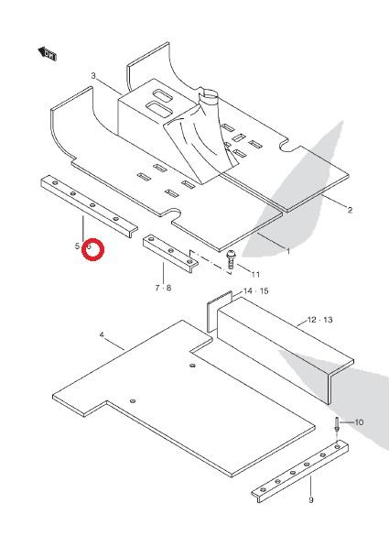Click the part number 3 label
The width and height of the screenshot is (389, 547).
93,76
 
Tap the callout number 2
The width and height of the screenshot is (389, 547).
350,210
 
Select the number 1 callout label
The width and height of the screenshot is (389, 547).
288,251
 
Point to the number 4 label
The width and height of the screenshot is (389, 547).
102,335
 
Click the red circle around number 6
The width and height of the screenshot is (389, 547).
93,249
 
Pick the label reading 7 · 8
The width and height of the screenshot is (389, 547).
163,288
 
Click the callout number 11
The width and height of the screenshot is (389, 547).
255,275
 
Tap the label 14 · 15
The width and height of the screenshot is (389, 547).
256,291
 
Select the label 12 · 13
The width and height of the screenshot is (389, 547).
320,320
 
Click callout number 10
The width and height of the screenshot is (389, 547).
359,422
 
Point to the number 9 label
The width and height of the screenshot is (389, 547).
311,500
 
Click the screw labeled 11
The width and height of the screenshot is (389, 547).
231,260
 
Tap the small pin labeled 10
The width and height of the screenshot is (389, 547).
338,423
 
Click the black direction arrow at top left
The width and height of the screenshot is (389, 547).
47,53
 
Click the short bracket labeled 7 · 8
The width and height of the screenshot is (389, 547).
170,253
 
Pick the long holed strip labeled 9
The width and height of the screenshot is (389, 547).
300,471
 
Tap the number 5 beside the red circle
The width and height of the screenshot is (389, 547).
77,246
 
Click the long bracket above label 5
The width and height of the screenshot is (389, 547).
89,206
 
